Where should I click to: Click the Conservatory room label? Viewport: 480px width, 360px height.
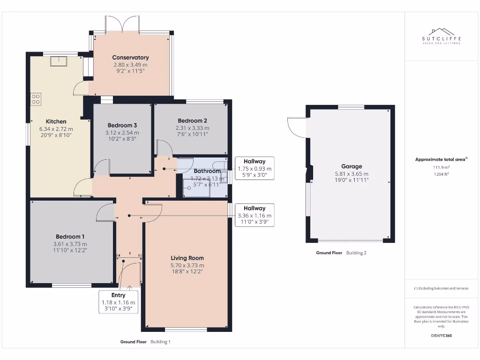(x=130, y=58)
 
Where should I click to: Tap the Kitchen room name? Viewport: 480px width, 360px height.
(x=56, y=121)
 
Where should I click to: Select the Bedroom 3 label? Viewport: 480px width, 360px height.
(x=122, y=125)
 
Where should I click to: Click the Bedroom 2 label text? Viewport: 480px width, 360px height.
(x=192, y=120)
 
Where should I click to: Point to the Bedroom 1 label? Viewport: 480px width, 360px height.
(x=70, y=237)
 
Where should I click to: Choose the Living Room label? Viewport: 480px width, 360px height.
(x=187, y=258)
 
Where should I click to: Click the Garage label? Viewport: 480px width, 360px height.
(x=352, y=166)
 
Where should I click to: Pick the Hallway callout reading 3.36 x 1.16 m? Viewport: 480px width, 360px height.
(x=255, y=215)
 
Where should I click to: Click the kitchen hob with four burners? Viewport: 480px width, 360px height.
(x=36, y=99)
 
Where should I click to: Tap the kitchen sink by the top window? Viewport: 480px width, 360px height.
(x=59, y=61)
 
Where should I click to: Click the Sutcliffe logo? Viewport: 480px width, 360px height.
(x=441, y=36)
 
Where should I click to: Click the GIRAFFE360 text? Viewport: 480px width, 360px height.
(x=441, y=336)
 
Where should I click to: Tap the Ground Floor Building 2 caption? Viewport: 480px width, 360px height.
(x=341, y=253)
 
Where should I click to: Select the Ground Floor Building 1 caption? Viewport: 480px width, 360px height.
(x=145, y=342)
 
